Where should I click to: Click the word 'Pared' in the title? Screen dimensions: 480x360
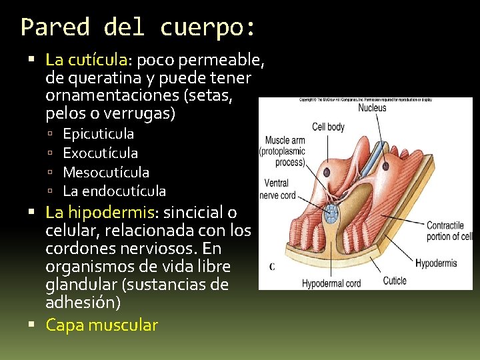pos(55,27)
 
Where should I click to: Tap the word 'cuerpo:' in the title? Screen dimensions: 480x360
pos(207,27)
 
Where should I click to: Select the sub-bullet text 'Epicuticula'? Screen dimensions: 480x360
pos(98,134)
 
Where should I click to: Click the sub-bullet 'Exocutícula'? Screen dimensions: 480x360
pos(100,153)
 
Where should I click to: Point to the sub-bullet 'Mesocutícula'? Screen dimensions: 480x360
pos(106,172)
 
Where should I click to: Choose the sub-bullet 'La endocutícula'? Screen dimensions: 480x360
pos(114,191)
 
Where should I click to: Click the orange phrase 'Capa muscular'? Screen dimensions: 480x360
pos(101,325)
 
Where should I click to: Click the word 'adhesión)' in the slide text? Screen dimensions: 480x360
pos(83,303)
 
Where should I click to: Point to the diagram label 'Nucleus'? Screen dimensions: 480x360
pos(371,108)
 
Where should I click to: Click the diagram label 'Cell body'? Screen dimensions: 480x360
pos(328,127)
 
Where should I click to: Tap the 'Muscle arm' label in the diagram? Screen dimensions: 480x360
pos(285,141)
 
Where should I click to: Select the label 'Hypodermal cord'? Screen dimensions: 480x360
pos(331,283)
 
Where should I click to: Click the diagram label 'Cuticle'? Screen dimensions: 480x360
pos(395,281)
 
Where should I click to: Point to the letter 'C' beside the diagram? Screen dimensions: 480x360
pos(271,267)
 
